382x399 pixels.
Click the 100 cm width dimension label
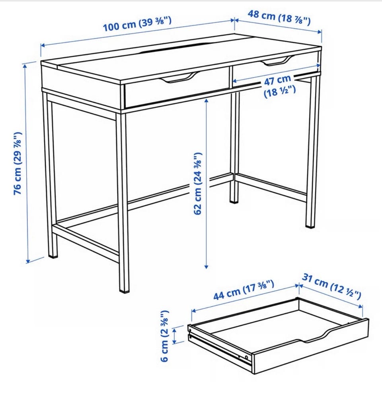(x=137, y=24)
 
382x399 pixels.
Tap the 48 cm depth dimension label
(x=279, y=17)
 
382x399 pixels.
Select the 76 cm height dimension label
(x=18, y=163)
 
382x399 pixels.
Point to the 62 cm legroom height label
(x=198, y=184)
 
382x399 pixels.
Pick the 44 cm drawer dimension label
(x=244, y=290)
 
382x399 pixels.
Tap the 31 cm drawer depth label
(x=331, y=286)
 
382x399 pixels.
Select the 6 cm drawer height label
(x=164, y=336)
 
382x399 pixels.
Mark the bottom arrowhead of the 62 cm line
(x=206, y=266)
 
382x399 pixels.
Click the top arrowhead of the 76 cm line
(x=25, y=66)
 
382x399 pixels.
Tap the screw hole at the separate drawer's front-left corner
(x=190, y=330)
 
